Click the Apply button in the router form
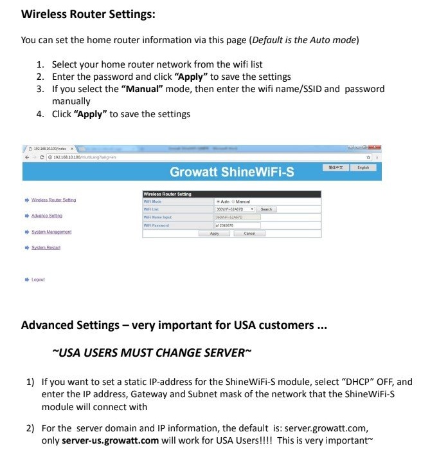[215, 234]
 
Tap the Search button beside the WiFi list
[266, 209]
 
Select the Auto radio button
[218, 202]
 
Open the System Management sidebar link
[51, 232]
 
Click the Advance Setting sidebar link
[47, 216]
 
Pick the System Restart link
[46, 247]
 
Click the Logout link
[38, 279]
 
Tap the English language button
[363, 167]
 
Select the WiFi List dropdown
[235, 209]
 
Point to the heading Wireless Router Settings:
[88, 14]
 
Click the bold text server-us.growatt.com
[110, 440]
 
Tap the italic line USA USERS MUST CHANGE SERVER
[152, 352]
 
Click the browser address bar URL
[84, 157]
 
